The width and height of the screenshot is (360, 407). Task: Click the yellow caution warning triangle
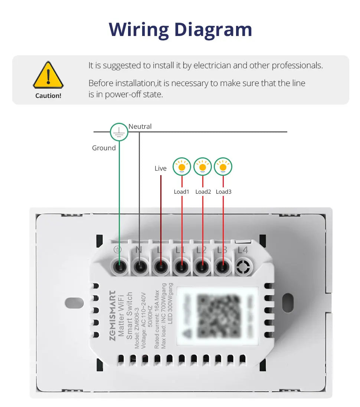click(48, 75)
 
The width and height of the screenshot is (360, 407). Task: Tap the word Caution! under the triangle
click(48, 96)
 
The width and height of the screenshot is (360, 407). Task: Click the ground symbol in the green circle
click(119, 132)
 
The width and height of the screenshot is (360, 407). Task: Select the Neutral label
click(140, 127)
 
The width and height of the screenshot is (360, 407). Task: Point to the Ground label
click(104, 148)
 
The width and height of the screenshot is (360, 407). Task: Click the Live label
click(161, 168)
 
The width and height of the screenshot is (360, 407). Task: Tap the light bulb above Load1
click(182, 167)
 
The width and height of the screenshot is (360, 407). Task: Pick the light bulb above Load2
click(203, 167)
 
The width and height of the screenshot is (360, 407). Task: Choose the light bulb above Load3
click(223, 167)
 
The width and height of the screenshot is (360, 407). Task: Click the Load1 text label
click(181, 192)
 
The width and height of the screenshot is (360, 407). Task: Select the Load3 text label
click(223, 192)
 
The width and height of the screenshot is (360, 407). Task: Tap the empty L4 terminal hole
click(243, 266)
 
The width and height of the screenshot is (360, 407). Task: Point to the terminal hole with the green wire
click(119, 266)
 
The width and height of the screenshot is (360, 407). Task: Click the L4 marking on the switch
click(243, 250)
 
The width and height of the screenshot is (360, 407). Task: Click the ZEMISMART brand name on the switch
click(112, 314)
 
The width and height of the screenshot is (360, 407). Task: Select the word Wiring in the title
click(138, 29)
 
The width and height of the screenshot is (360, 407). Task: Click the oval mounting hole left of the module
click(71, 302)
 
